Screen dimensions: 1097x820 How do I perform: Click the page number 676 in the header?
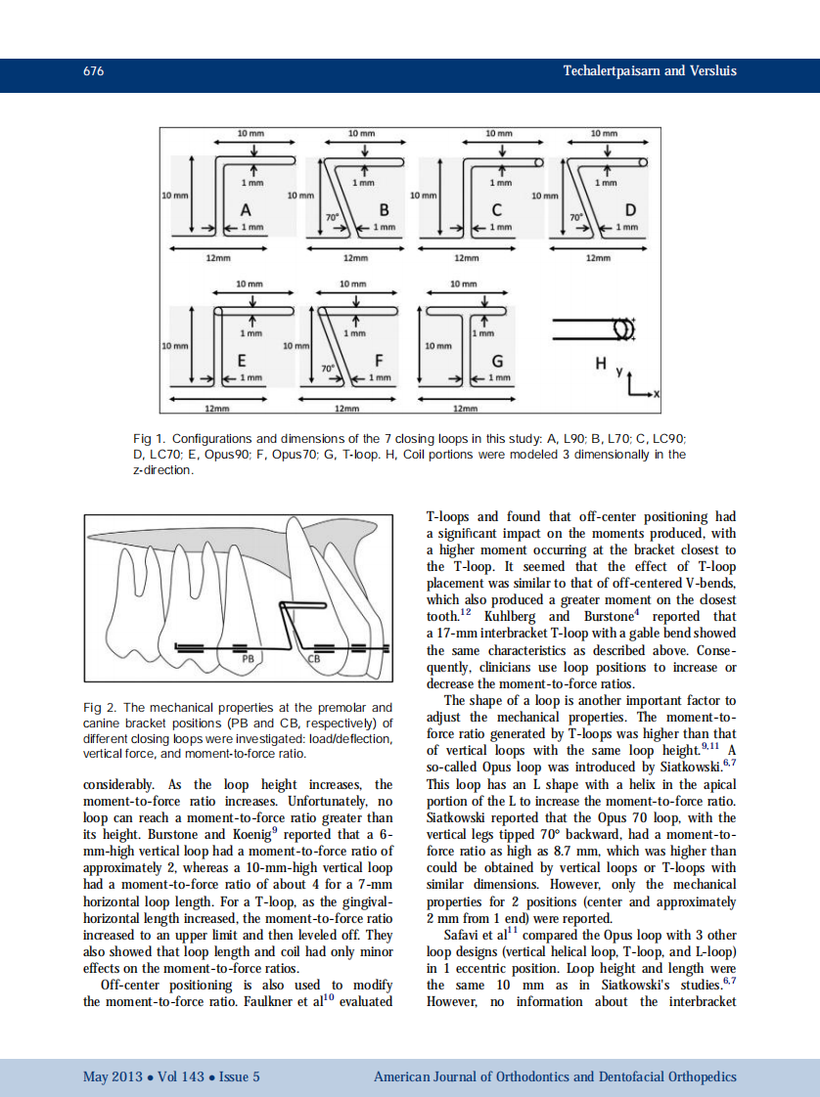(x=94, y=71)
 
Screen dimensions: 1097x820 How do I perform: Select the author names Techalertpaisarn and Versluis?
(x=650, y=71)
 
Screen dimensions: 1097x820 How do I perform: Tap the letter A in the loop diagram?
(x=246, y=210)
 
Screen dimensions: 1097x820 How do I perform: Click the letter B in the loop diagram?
(x=384, y=210)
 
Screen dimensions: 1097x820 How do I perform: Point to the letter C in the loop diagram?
(x=497, y=210)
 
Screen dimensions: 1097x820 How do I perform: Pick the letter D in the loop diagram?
(x=630, y=210)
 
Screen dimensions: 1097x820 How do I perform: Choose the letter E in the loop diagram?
(x=242, y=360)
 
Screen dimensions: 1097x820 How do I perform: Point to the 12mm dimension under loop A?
(x=217, y=258)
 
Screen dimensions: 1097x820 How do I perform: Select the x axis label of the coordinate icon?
(x=657, y=394)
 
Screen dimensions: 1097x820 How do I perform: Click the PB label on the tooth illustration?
(x=247, y=660)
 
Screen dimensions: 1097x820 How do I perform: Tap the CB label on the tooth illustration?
(x=314, y=659)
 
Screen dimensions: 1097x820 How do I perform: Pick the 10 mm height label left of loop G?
(x=438, y=345)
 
